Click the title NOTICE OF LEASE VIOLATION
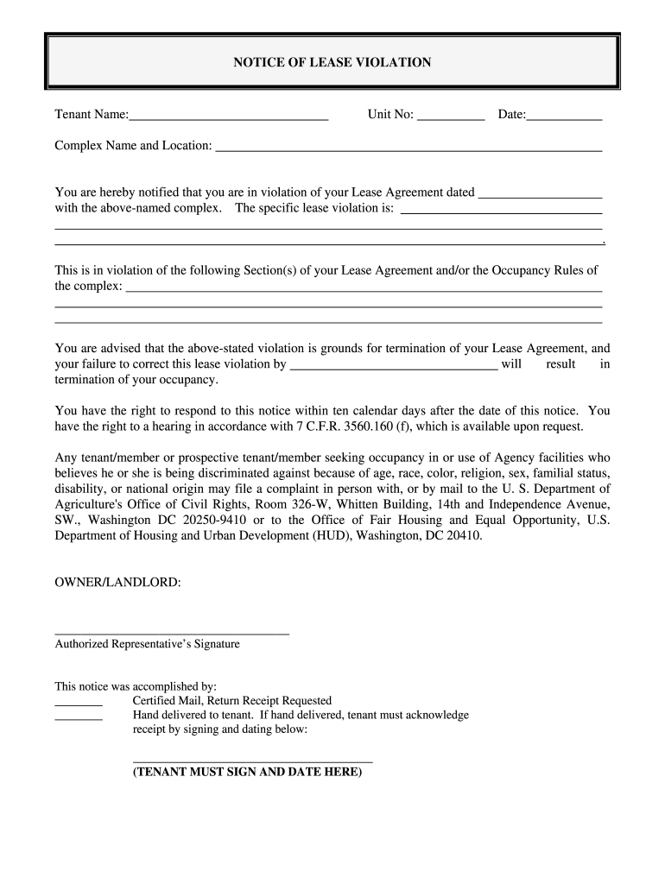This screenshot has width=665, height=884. pyautogui.click(x=332, y=62)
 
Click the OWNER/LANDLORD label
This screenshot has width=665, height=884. pyautogui.click(x=118, y=583)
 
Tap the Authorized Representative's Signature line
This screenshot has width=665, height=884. pyautogui.click(x=172, y=634)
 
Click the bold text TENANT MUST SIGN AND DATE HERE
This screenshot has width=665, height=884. pyautogui.click(x=247, y=773)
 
